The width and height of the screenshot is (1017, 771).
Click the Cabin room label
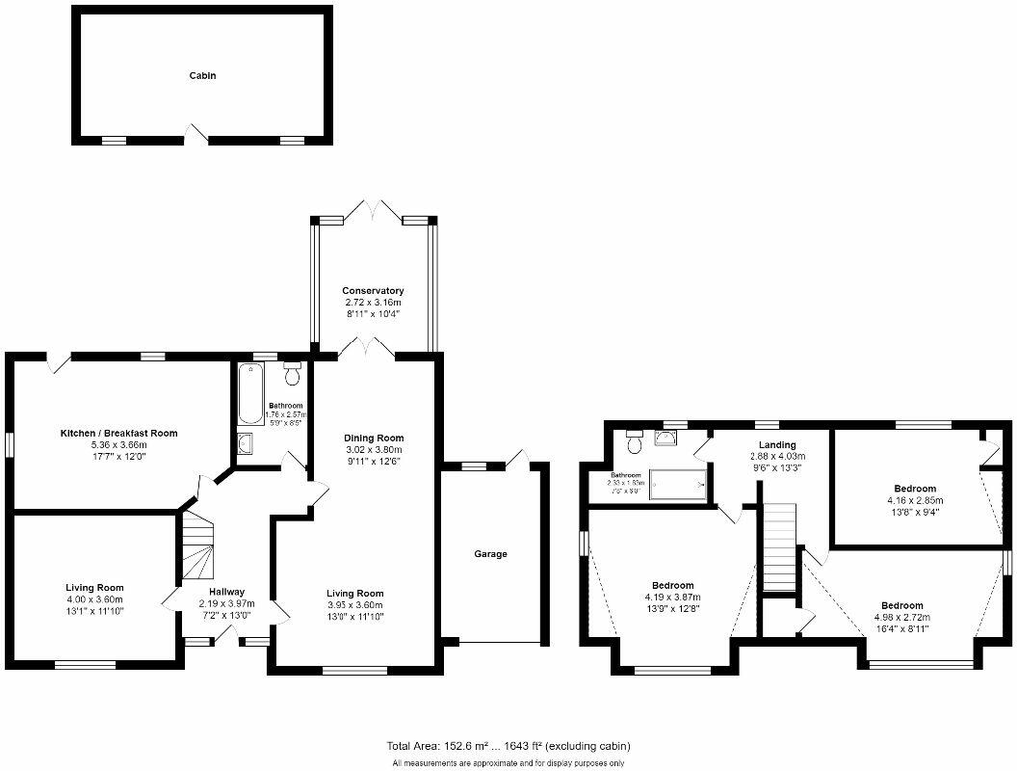[x=201, y=75]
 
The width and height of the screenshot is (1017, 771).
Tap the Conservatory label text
[x=373, y=290]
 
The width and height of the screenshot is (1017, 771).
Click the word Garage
[x=490, y=554]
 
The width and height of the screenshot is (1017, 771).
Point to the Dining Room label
[x=373, y=438]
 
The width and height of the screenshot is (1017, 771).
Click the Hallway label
[x=227, y=592]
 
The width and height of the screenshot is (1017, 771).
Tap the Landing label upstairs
[x=776, y=444]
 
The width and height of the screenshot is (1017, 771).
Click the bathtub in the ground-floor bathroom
[x=250, y=394]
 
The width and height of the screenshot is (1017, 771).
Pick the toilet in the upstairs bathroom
[x=634, y=443]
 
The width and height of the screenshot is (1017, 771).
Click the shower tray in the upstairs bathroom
[x=680, y=484]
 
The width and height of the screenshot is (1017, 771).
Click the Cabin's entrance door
[x=196, y=136]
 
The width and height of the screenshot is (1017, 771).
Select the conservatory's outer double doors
[x=373, y=211]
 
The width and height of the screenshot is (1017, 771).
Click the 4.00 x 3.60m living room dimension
[x=94, y=598]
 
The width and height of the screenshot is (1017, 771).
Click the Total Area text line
[x=508, y=746]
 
